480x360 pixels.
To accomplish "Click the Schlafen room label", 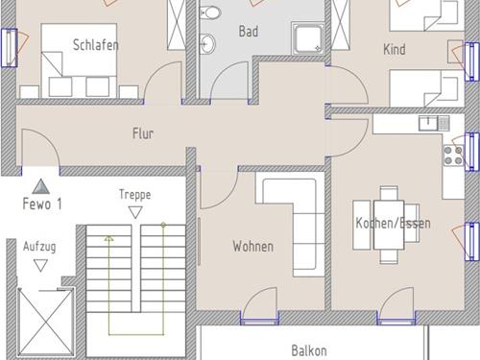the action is point(96,45).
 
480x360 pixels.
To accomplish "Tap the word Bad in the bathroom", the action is point(249,32).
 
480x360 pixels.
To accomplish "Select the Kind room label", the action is point(395,49).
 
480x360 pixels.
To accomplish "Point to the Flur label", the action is point(143,133).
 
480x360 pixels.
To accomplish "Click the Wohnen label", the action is point(253,247).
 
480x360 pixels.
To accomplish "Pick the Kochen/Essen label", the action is point(393,223).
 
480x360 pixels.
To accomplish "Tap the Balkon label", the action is point(309,350).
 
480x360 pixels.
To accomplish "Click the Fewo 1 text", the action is point(42,204).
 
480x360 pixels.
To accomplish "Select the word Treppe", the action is point(134,195).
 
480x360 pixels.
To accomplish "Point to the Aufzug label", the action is point(39,247).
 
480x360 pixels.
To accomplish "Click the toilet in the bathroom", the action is point(210,13).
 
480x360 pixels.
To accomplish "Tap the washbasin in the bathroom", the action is point(207,43).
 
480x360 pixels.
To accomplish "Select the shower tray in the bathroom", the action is point(307,38).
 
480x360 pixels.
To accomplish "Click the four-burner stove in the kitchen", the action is point(454,156).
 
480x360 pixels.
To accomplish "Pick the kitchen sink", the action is point(435,123).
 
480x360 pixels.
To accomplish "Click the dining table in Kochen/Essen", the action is point(389,225).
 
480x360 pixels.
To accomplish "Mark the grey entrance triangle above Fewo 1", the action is point(41,186).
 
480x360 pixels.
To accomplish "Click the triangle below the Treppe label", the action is point(135,212).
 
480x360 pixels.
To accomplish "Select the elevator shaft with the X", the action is point(45,322).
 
